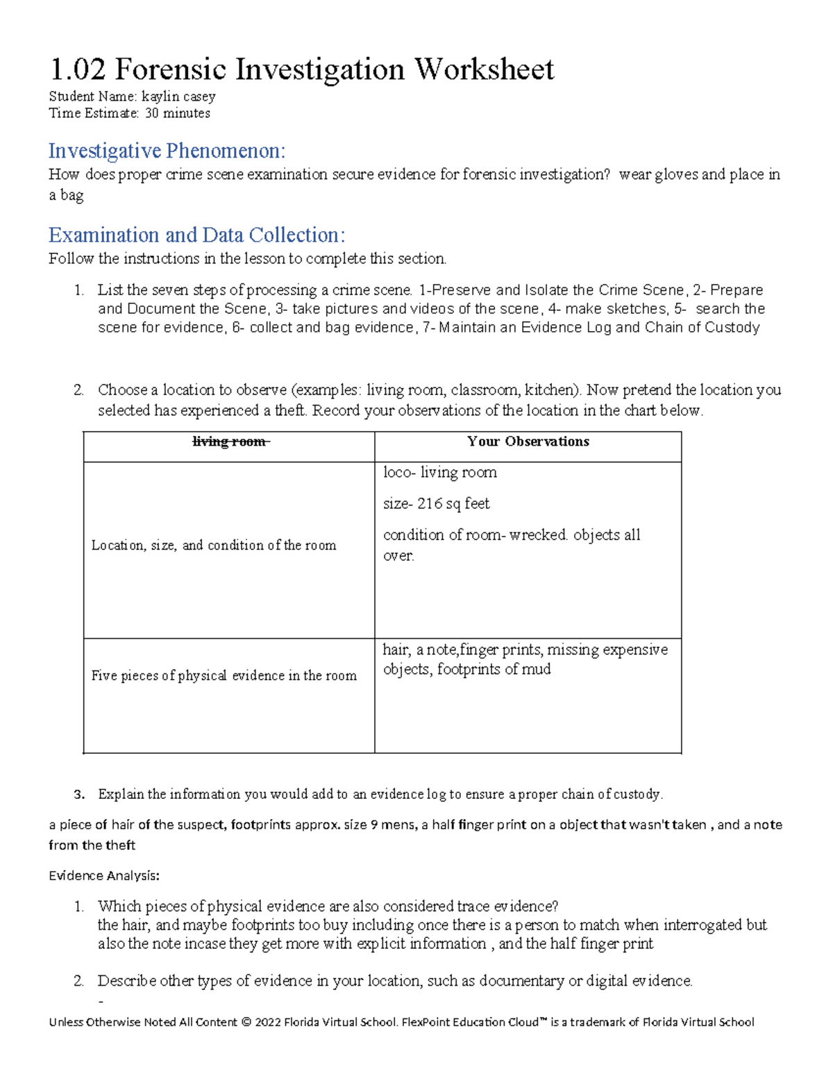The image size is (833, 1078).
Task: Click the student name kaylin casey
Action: tap(178, 96)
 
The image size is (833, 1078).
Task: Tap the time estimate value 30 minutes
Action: tap(177, 113)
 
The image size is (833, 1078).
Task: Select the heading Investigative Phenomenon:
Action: tap(167, 151)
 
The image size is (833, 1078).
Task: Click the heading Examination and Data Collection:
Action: tap(196, 235)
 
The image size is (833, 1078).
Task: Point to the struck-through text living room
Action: tap(229, 441)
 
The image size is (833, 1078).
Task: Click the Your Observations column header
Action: tap(528, 441)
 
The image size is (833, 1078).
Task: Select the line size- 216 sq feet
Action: tap(436, 503)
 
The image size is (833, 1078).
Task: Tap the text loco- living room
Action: tap(439, 473)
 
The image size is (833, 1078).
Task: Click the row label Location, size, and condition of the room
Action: tap(214, 546)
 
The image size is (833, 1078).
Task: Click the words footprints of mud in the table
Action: tap(494, 669)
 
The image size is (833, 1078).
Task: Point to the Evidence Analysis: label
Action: tap(104, 875)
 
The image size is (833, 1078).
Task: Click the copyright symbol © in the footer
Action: tap(246, 1022)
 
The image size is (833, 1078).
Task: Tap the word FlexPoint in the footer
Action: tap(426, 1022)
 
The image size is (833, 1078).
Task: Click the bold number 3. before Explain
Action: tap(78, 794)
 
